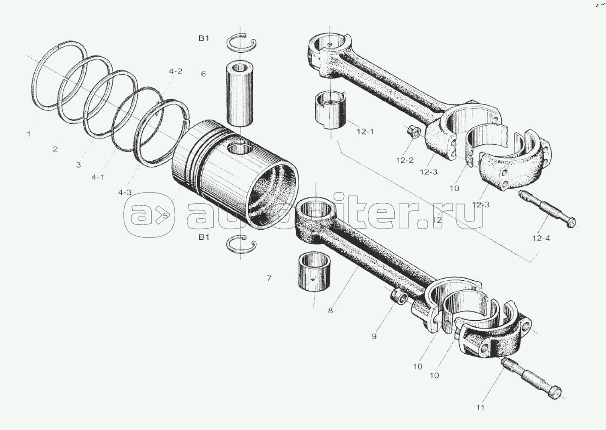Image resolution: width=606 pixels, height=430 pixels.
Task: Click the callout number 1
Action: pyautogui.click(x=29, y=134)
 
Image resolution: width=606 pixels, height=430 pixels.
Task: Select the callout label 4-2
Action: pyautogui.click(x=175, y=72)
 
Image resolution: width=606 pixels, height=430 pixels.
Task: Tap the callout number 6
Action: pyautogui.click(x=204, y=74)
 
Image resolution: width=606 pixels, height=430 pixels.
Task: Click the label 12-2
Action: pyautogui.click(x=405, y=160)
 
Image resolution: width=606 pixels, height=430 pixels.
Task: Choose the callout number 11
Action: pyautogui.click(x=480, y=407)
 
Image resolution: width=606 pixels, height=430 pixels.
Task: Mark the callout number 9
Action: pyautogui.click(x=374, y=337)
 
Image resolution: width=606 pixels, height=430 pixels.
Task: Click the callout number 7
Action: pyautogui.click(x=269, y=278)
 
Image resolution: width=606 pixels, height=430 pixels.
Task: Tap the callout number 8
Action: pyautogui.click(x=330, y=310)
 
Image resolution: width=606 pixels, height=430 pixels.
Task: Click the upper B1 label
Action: pyautogui.click(x=204, y=39)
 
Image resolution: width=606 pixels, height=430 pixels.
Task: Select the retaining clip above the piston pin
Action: pyautogui.click(x=241, y=42)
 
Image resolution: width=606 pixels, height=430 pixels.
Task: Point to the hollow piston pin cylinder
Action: pyautogui.click(x=240, y=94)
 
